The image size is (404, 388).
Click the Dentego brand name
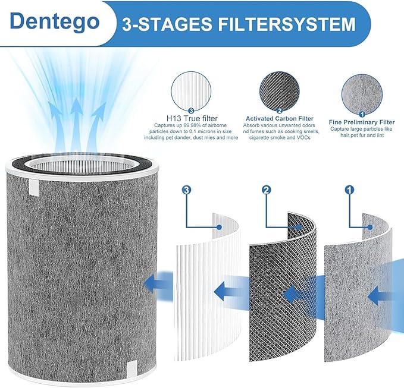point(55,21)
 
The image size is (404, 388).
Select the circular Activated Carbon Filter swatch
point(280,91)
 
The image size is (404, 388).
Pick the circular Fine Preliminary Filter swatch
point(362,94)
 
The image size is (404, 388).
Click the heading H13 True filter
point(192,118)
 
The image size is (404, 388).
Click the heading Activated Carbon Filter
point(280,119)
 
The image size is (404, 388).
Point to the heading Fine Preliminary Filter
point(362,122)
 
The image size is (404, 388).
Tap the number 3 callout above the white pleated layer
point(186,190)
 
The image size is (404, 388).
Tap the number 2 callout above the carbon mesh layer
point(267,190)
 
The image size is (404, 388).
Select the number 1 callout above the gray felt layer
point(349,190)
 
